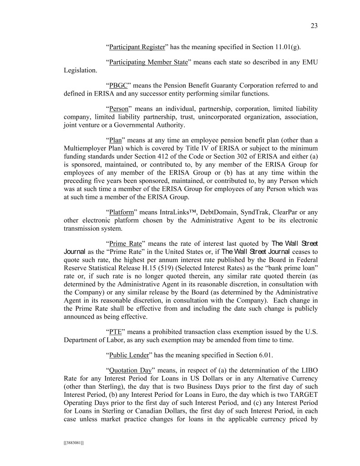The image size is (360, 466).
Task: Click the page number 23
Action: pos(314,26)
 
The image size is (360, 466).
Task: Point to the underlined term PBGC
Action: pos(118,86)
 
